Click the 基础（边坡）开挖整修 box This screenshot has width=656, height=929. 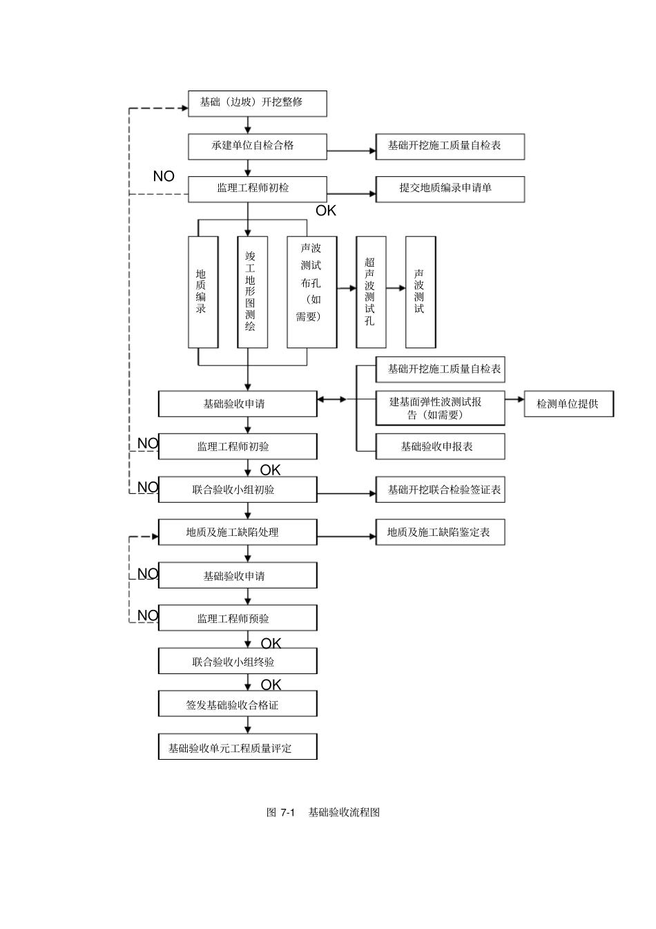[x=257, y=102]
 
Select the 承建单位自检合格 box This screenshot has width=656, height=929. [x=257, y=146]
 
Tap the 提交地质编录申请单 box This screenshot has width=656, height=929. [x=450, y=188]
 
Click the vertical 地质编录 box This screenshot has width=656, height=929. [x=202, y=291]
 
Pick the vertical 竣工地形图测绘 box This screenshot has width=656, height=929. [x=251, y=291]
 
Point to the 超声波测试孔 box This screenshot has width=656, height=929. [x=370, y=291]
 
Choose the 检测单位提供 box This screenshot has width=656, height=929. [x=568, y=404]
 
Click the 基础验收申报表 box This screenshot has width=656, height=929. [x=440, y=447]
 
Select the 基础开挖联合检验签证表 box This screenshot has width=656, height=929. [x=440, y=490]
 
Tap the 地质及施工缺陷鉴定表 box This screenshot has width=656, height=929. [x=440, y=533]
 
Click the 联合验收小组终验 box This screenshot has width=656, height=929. [x=238, y=662]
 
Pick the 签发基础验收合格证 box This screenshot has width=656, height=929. [x=238, y=705]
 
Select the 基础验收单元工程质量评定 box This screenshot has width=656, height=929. [x=238, y=748]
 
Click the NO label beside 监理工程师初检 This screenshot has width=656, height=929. [x=164, y=176]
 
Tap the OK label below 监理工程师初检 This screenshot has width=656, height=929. [x=326, y=211]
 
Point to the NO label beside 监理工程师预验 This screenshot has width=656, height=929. [x=148, y=615]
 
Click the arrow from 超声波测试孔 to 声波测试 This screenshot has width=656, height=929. [x=396, y=288]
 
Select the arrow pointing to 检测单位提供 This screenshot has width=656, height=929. [x=514, y=399]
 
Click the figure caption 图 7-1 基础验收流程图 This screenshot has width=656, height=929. [x=323, y=812]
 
